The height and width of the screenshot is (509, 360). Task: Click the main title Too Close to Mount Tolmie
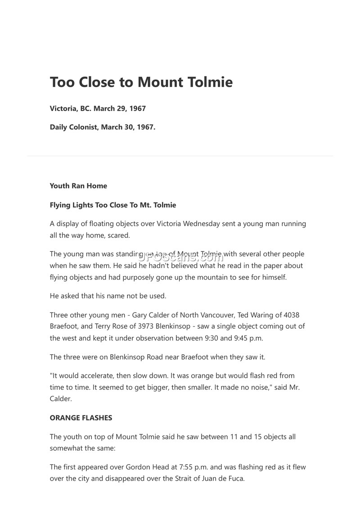[x=141, y=82]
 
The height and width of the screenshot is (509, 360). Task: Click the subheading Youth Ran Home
[x=78, y=186]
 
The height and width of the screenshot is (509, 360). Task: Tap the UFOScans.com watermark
[x=180, y=257]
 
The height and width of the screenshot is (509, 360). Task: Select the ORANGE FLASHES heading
[x=81, y=418]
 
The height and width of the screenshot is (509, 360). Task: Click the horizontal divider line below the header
[x=180, y=156]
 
